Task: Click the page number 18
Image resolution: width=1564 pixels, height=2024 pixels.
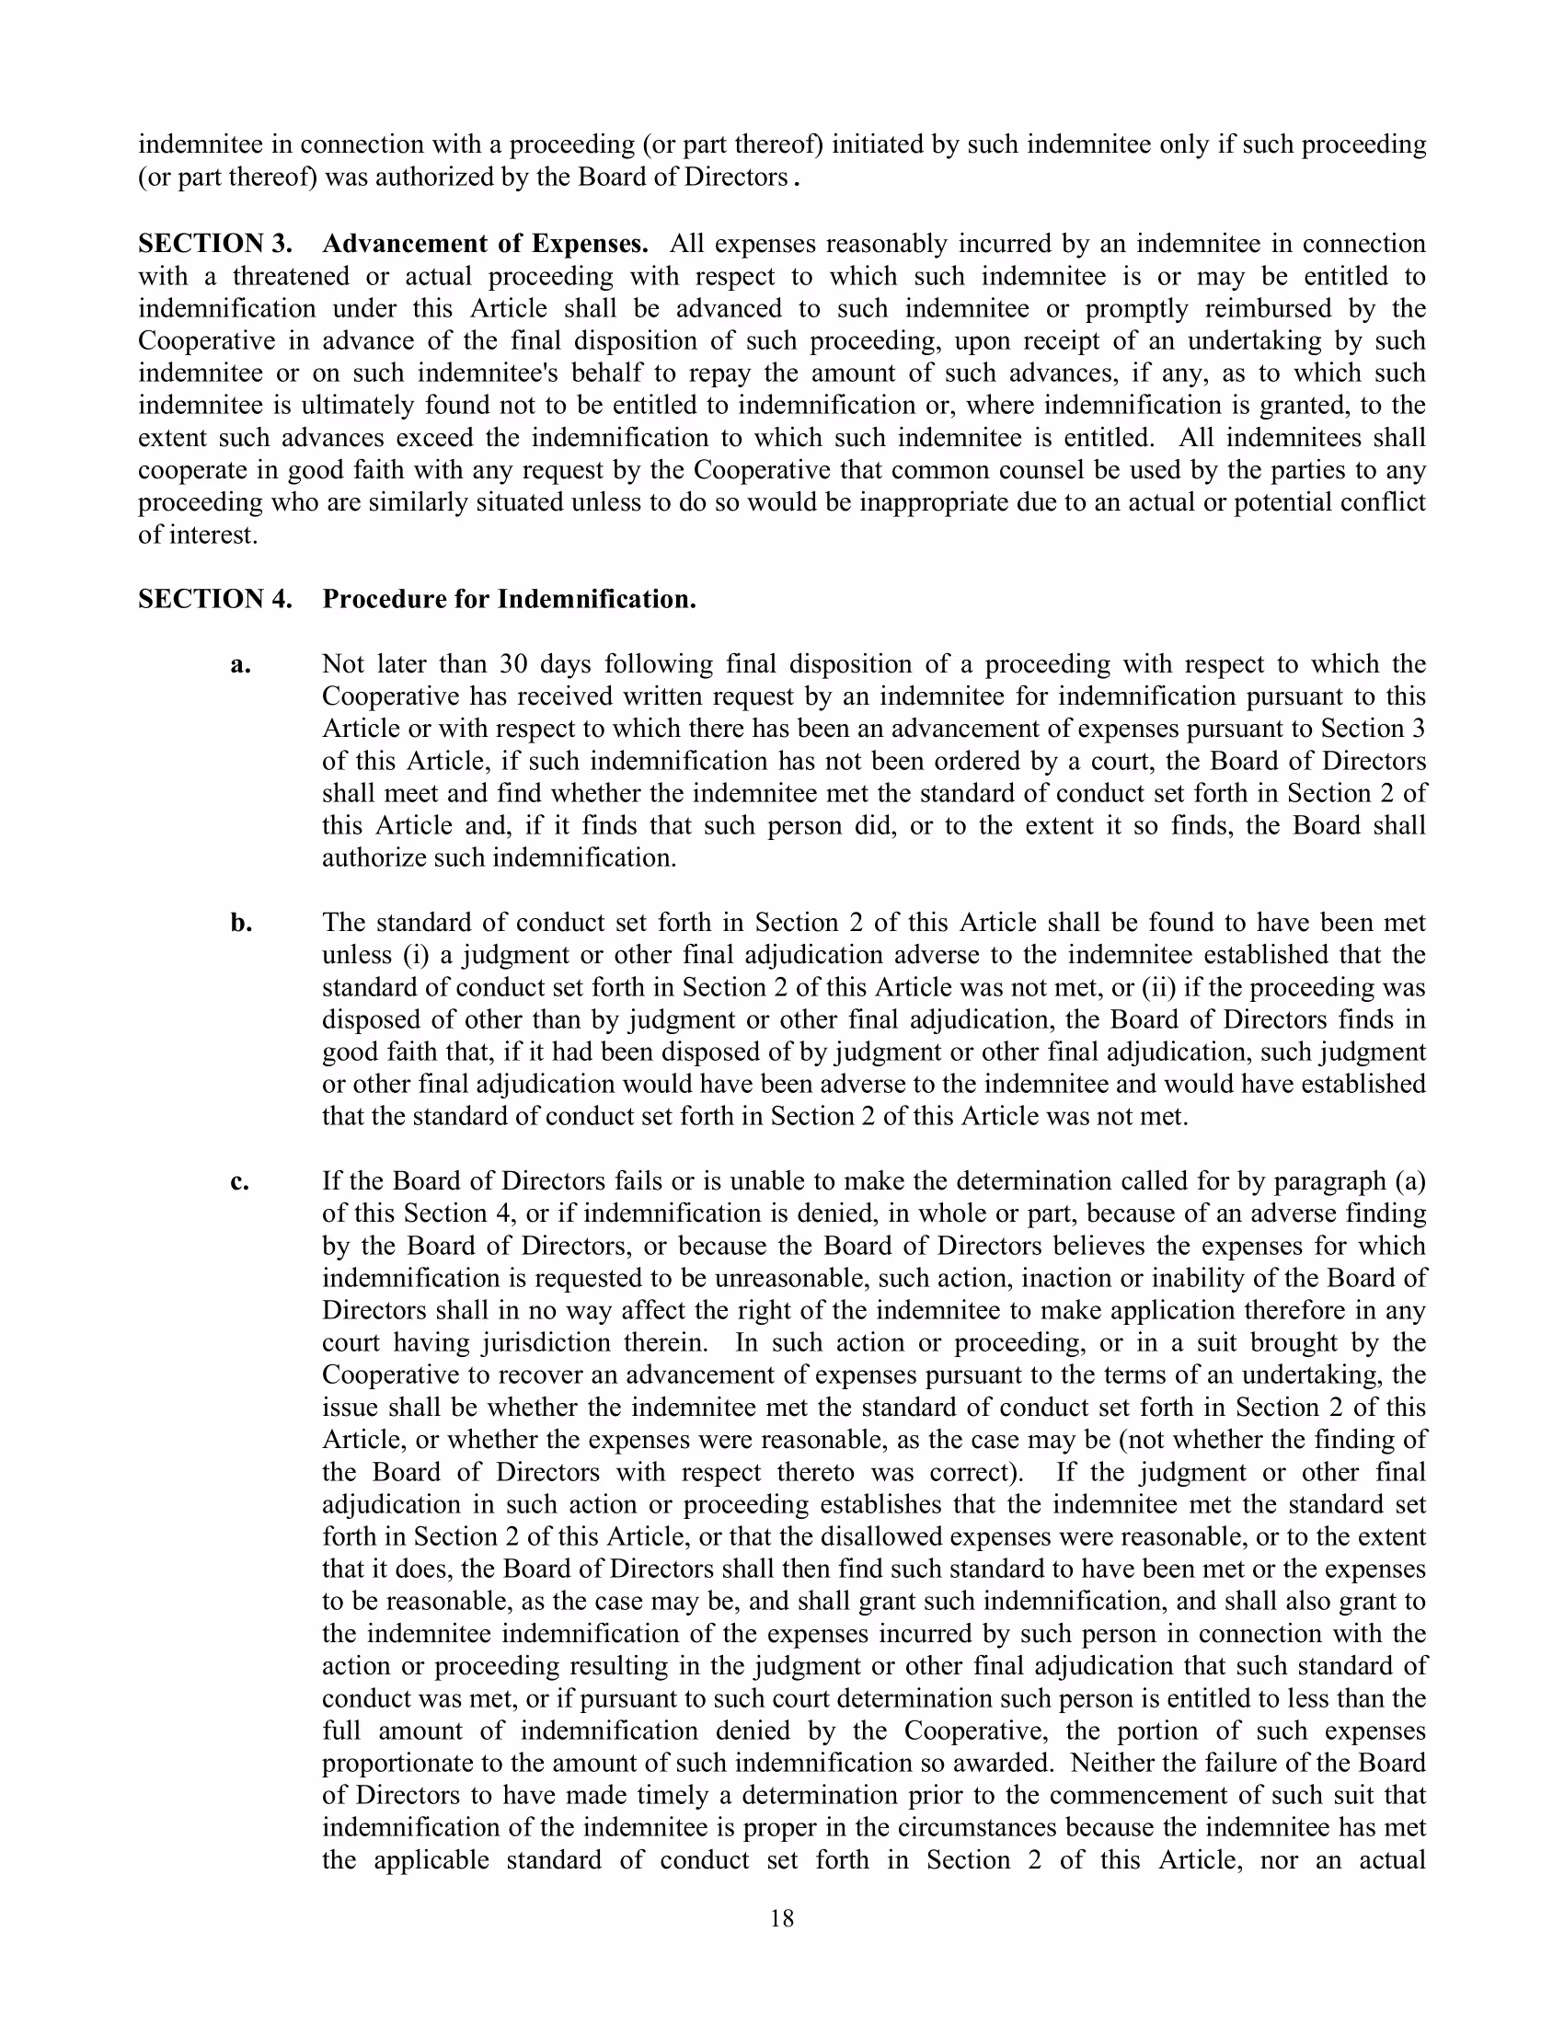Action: coord(781,1918)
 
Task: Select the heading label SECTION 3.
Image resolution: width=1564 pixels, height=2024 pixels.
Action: coord(215,244)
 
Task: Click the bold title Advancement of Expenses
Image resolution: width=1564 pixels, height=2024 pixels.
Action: coord(486,244)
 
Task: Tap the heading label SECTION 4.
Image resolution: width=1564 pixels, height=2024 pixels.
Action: coord(215,599)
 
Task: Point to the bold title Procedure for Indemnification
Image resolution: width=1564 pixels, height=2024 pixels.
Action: coord(509,599)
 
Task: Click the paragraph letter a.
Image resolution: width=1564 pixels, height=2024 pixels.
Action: coord(240,664)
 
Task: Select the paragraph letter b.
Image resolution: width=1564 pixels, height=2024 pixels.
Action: coord(241,923)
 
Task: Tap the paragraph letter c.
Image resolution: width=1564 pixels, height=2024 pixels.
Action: coord(239,1181)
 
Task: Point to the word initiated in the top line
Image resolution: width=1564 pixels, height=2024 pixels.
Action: coord(875,144)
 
